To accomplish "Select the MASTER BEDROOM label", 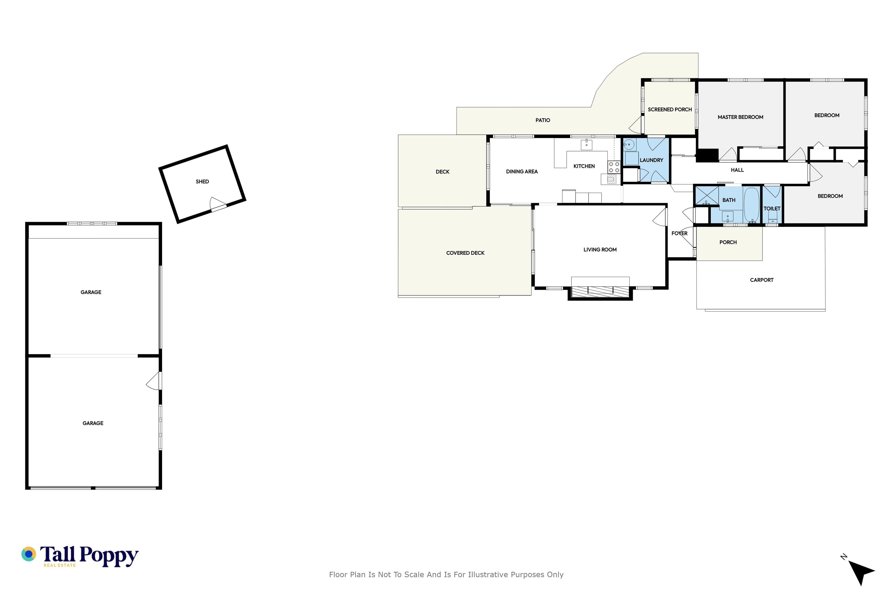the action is [x=740, y=117].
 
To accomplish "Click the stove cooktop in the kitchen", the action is [x=614, y=167].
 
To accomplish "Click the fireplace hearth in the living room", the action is [x=600, y=291].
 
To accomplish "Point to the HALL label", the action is [x=737, y=170].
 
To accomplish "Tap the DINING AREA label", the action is [x=522, y=172].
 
